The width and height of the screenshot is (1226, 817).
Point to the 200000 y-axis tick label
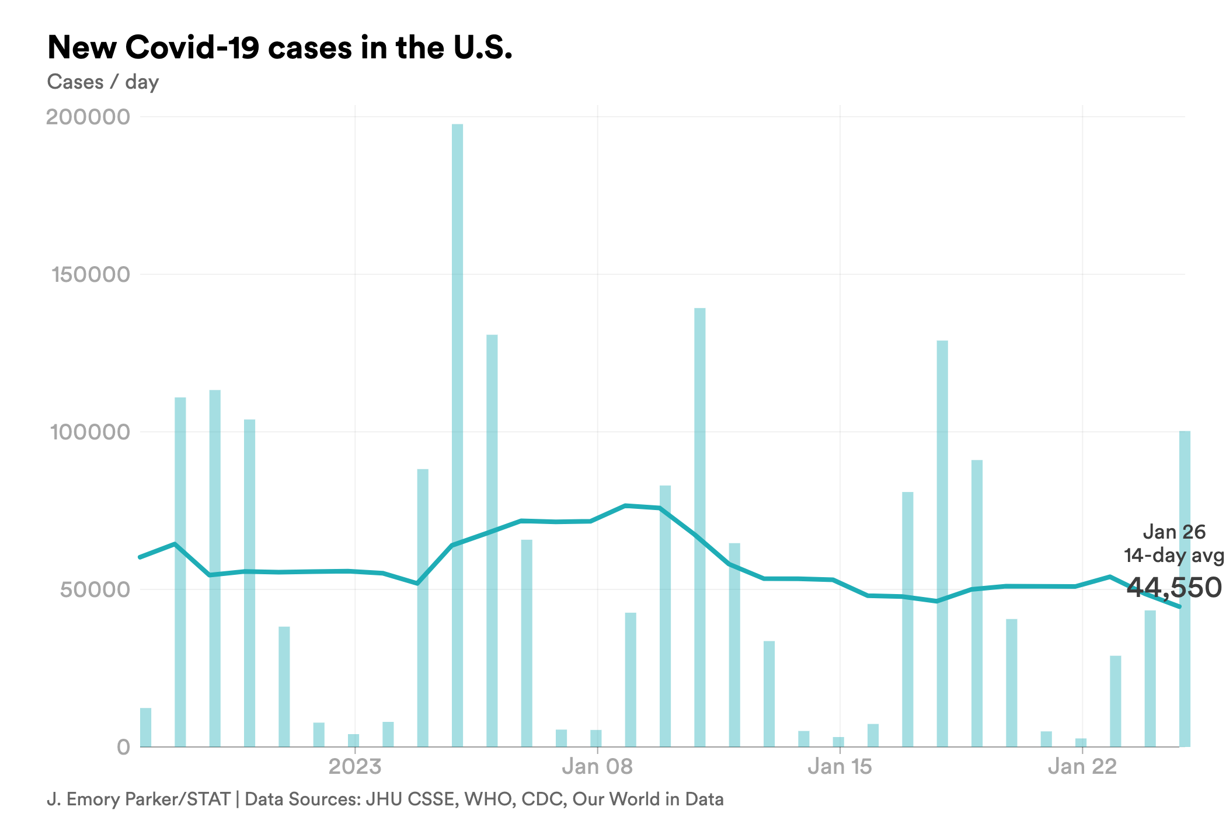tap(88, 117)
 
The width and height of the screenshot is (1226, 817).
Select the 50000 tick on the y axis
tap(95, 589)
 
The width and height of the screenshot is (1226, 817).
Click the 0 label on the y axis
tap(123, 747)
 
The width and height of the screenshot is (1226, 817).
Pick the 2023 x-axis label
tap(355, 766)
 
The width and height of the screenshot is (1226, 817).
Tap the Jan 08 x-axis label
tap(597, 766)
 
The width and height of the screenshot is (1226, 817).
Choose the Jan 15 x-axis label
tap(840, 766)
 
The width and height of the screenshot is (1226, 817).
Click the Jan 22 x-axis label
tap(1082, 766)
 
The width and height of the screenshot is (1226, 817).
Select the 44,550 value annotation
tap(1173, 587)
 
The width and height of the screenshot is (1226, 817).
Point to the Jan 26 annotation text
tap(1173, 532)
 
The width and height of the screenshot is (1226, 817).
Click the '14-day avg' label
tap(1173, 555)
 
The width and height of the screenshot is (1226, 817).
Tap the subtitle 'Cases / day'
tap(103, 82)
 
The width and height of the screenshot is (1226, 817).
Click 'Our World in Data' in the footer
tap(648, 799)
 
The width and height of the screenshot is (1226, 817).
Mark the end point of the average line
tap(1180, 607)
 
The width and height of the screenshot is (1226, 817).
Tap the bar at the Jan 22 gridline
tap(1081, 742)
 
